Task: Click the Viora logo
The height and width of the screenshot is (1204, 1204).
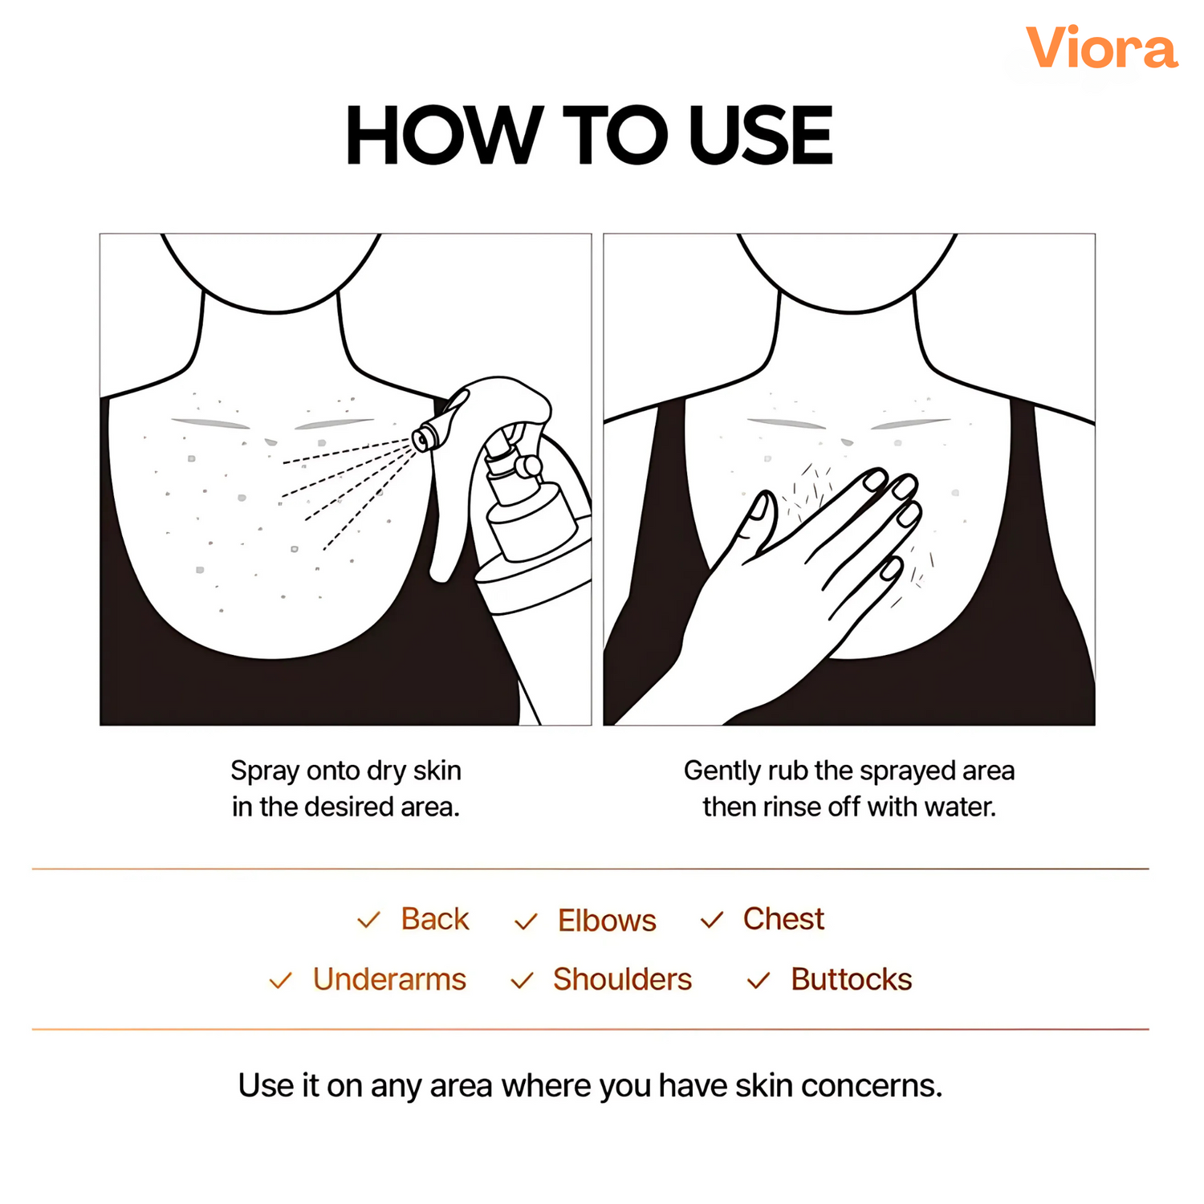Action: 1101,47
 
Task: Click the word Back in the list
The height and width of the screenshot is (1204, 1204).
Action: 435,919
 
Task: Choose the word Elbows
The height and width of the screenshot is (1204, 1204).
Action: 607,921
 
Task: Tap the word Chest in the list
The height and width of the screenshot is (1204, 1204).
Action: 783,919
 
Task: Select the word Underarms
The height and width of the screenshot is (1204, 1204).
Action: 389,979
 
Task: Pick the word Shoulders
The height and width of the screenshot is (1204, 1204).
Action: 622,979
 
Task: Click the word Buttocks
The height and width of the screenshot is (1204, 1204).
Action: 852,979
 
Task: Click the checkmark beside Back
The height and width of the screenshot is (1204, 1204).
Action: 368,920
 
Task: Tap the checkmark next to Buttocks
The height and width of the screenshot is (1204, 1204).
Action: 759,980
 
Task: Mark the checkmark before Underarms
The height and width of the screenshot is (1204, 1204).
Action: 280,980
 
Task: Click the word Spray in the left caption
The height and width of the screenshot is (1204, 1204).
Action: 266,771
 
